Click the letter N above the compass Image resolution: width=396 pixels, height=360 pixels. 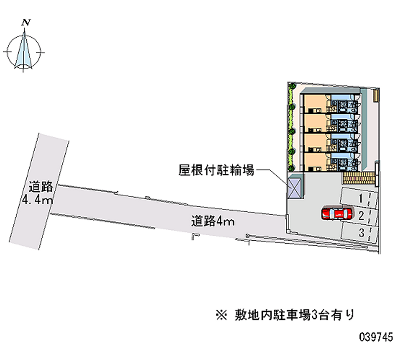(26, 22)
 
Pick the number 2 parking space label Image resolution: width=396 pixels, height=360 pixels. (361, 216)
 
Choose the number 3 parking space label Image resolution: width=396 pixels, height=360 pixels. (362, 233)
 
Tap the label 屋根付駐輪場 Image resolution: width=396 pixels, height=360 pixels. (216, 170)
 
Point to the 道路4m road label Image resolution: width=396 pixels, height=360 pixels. (213, 221)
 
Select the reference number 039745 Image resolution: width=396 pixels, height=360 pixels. (376, 337)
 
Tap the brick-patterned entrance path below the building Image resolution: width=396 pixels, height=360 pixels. (358, 178)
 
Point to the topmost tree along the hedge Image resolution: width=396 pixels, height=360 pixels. (293, 86)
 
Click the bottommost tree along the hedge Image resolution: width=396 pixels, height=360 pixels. (292, 167)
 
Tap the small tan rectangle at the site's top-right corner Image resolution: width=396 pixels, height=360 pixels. (376, 96)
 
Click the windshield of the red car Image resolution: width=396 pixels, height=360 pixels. (331, 214)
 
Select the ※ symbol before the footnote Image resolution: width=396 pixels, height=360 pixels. (221, 315)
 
